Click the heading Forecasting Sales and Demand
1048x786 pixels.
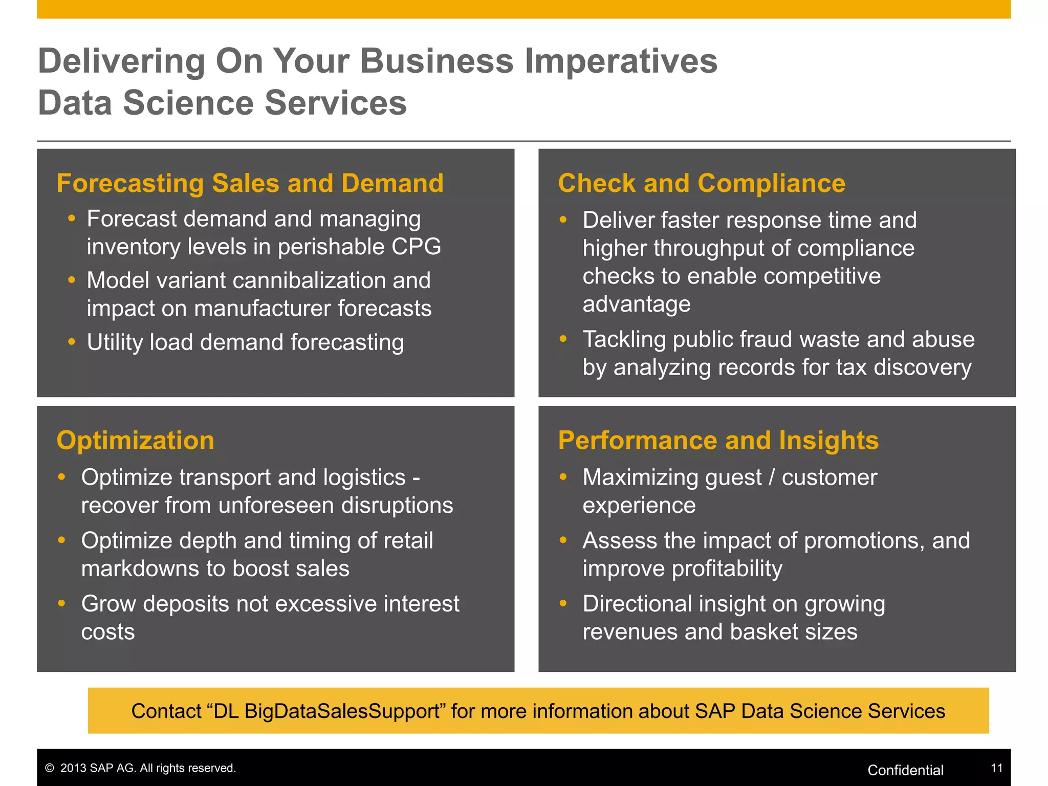pos(250,183)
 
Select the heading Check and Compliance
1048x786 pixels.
pos(702,183)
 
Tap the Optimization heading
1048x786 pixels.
pos(136,441)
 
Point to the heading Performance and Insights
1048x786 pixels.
pos(718,441)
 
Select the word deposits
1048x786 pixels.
pos(181,604)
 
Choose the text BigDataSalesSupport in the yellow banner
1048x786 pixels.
pos(342,711)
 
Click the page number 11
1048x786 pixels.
pos(996,768)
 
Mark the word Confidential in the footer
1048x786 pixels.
pos(905,770)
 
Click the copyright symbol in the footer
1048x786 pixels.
pos(50,768)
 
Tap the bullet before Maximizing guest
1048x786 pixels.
pos(563,477)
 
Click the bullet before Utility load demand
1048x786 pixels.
pos(72,341)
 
